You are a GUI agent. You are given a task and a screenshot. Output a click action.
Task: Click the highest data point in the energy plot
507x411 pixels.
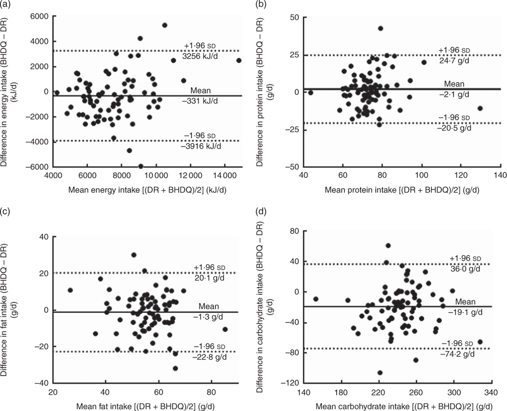pos(165,25)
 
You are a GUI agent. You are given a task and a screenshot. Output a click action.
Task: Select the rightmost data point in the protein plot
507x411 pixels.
pos(480,108)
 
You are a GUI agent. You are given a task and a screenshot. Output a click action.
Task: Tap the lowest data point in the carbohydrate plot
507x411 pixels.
pos(380,373)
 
